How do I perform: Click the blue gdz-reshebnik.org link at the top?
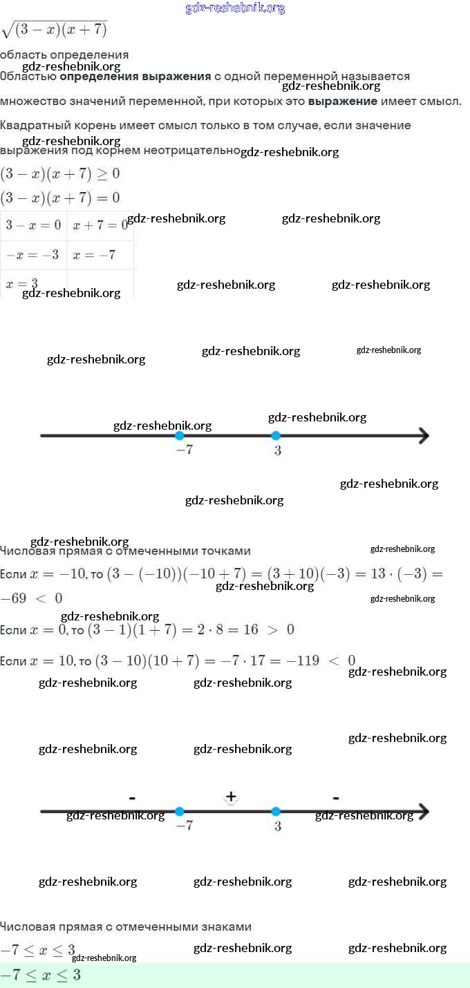coord(235,8)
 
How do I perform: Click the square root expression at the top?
coord(55,30)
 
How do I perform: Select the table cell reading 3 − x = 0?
coord(33,225)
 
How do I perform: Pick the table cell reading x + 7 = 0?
coord(100,225)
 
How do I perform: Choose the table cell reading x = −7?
coord(94,255)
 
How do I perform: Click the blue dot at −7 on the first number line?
coord(180,436)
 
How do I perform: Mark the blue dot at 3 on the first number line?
coord(276,436)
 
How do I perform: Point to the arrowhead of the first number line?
coord(423,436)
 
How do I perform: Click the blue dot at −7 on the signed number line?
coord(180,812)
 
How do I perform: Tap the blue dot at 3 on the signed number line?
coord(276,812)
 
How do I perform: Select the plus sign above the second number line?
coord(231,797)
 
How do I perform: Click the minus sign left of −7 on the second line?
coord(132,798)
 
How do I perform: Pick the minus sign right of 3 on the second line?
coord(335,798)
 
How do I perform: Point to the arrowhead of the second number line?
coord(423,812)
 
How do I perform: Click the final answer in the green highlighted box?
coord(41,975)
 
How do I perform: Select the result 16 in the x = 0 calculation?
coord(251,629)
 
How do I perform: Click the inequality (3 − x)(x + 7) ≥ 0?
coord(59,173)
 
